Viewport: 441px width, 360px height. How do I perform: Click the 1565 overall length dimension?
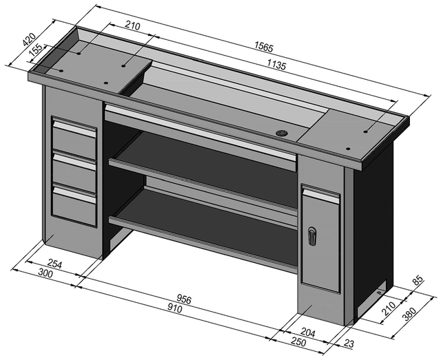coord(263,47)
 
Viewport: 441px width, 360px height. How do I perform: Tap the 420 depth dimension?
coord(28,41)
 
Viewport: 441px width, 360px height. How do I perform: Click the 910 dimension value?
coord(174,309)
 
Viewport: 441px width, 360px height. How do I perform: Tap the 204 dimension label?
coord(308,332)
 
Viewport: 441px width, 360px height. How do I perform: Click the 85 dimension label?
coord(416,282)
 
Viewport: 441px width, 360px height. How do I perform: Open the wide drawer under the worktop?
coord(200,134)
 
